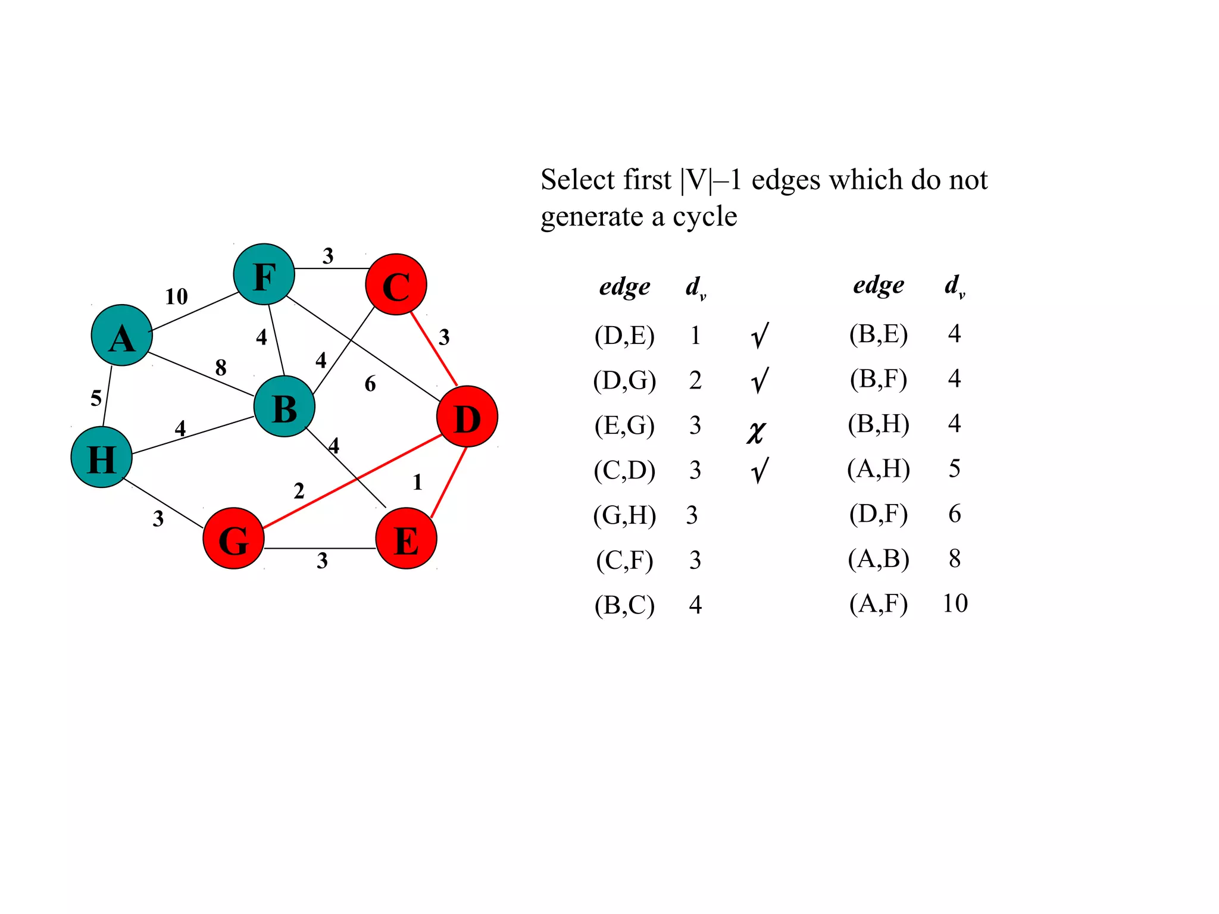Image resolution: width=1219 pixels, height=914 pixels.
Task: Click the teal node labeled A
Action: click(122, 336)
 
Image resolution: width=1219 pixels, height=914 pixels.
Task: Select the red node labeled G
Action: click(233, 539)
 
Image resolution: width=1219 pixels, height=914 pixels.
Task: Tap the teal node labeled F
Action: click(264, 274)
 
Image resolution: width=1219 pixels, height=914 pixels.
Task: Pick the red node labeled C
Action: click(396, 284)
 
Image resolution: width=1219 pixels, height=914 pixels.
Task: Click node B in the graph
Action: click(285, 407)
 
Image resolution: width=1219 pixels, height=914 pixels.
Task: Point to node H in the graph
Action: click(101, 458)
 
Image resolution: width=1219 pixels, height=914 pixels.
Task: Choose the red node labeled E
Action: click(407, 539)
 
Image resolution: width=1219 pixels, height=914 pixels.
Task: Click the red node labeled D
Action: click(467, 417)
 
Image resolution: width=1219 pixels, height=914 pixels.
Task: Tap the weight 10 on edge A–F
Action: click(176, 296)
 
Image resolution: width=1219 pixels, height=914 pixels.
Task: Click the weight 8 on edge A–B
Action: click(221, 367)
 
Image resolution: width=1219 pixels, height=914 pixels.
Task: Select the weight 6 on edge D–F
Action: click(370, 384)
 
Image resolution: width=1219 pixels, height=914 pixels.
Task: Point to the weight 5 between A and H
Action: click(96, 397)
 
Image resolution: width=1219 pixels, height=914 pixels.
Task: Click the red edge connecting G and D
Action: click(351, 482)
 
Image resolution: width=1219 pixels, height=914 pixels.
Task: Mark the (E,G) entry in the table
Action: click(624, 425)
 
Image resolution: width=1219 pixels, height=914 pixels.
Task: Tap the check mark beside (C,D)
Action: click(759, 471)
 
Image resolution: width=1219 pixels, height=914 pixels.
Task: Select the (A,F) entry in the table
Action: click(879, 603)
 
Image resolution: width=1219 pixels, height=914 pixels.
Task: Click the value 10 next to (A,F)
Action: click(955, 603)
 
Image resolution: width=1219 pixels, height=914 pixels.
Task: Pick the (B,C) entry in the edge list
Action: click(624, 605)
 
